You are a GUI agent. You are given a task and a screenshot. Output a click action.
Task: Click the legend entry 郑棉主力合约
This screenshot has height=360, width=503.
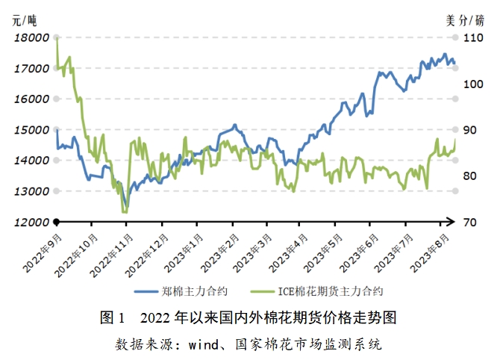196,291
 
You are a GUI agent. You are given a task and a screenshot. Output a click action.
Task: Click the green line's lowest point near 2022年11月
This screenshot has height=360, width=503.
125,212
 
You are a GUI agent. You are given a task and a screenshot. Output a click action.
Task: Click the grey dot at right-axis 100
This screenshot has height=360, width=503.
456,84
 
